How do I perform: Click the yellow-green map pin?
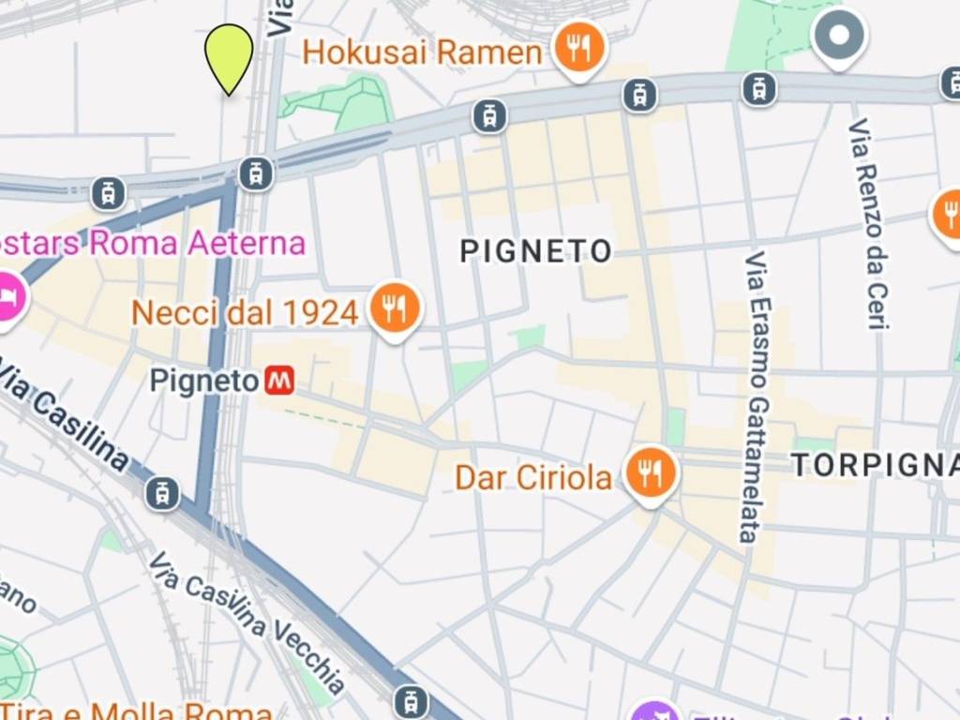pyautogui.click(x=229, y=54)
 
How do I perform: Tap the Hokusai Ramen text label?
pyautogui.click(x=422, y=52)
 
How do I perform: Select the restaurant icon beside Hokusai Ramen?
pyautogui.click(x=579, y=47)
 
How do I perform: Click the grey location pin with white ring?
pyautogui.click(x=839, y=37)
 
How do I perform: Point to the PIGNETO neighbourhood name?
pyautogui.click(x=536, y=250)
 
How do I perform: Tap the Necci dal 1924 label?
pyautogui.click(x=245, y=312)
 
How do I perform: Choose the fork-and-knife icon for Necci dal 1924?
pyautogui.click(x=395, y=307)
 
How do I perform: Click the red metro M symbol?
pyautogui.click(x=278, y=381)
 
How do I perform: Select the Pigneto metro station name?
pyautogui.click(x=203, y=382)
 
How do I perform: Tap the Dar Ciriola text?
pyautogui.click(x=532, y=477)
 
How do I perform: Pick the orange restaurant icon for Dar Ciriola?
pyautogui.click(x=651, y=472)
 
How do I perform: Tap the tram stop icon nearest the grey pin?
pyautogui.click(x=759, y=89)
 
